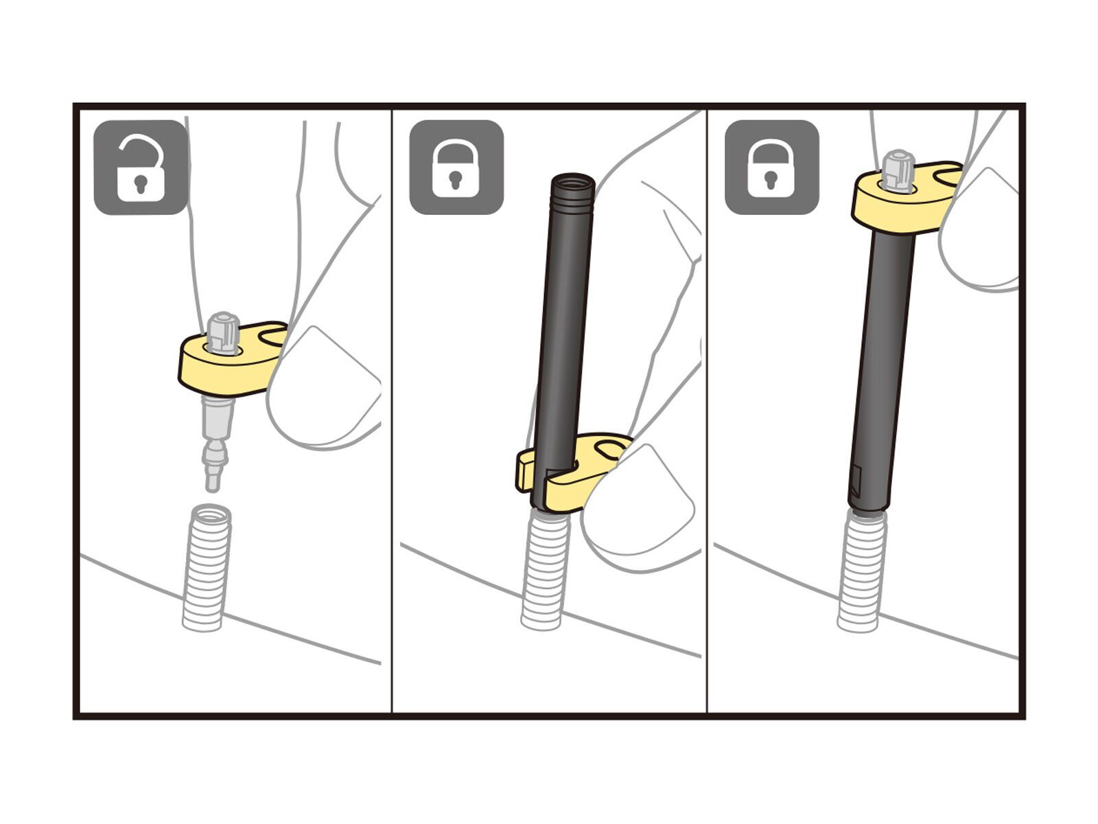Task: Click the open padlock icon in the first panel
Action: coord(141,168)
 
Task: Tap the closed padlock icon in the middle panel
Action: coord(456,168)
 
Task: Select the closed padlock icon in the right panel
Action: coord(771,168)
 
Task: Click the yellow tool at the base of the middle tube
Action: coord(576,474)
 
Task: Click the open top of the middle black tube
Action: coord(572,182)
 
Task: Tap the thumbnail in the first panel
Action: coord(323,385)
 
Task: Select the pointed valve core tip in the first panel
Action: coord(213,474)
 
